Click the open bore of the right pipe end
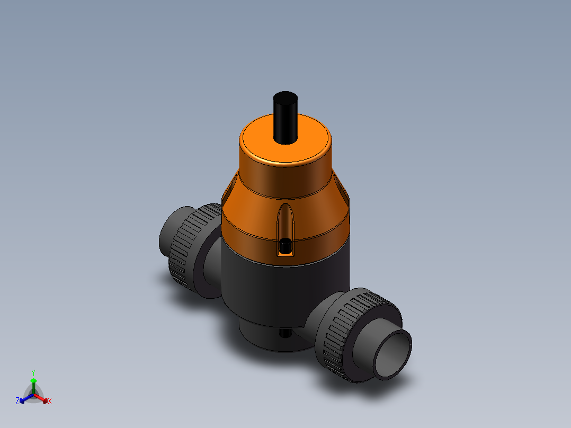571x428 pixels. click(x=393, y=354)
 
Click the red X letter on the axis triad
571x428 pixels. click(x=50, y=402)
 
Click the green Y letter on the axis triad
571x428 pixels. click(x=33, y=372)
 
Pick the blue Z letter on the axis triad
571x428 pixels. click(x=17, y=402)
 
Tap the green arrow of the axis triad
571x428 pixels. click(x=33, y=384)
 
